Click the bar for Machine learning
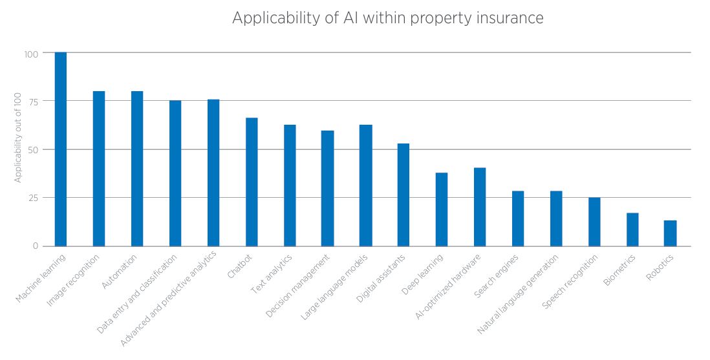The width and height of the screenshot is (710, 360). pos(60,149)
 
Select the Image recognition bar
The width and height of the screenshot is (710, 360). pos(99,169)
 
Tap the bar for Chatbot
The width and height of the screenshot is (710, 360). pos(252,182)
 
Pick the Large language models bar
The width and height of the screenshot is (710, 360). pos(366,185)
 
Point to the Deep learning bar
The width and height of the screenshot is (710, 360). pos(442,209)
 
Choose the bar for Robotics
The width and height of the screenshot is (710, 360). pos(670,233)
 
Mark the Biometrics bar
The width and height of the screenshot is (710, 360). pos(632,229)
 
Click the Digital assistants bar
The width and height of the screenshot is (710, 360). pos(403,195)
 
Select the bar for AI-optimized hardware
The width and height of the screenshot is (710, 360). pos(480,207)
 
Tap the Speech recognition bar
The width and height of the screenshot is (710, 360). pos(594,222)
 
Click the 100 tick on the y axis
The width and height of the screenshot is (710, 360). pos(32,53)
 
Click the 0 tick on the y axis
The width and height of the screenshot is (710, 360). pos(36,246)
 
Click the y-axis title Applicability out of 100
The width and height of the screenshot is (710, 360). pos(18,138)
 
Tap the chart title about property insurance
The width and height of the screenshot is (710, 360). pos(387,18)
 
